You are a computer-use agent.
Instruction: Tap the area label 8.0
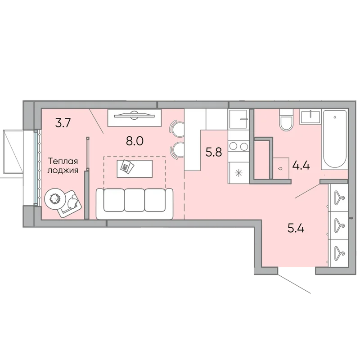point(135,141)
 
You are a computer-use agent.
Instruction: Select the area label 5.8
point(214,152)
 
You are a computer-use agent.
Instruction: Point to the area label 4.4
point(301,165)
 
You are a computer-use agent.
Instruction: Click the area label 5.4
point(296,229)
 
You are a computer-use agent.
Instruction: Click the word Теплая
point(63,161)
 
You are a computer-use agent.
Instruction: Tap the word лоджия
point(63,171)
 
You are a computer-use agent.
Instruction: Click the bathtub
point(335,140)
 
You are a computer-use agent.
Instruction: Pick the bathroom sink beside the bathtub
point(310,117)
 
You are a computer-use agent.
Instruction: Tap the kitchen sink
point(238,119)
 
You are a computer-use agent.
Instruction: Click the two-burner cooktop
point(238,146)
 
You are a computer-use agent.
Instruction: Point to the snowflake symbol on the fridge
point(238,173)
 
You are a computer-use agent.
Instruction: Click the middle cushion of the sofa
point(135,200)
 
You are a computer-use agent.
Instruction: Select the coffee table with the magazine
point(135,169)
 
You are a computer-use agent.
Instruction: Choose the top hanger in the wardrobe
point(339,197)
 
